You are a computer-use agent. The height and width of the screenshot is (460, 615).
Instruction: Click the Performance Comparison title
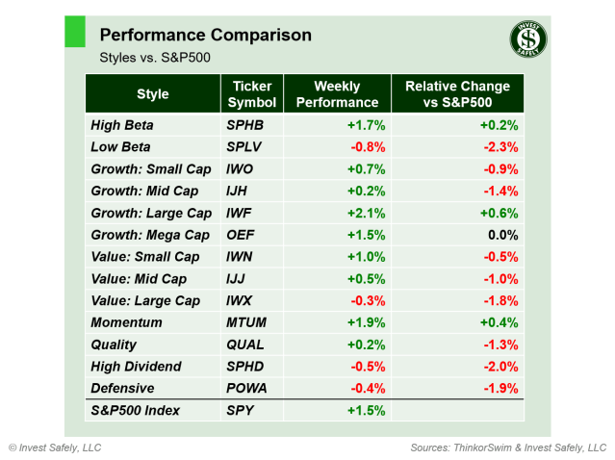205,36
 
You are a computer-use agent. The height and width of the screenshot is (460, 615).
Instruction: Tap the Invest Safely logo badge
527,39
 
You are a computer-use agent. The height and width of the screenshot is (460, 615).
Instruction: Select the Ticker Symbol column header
252,94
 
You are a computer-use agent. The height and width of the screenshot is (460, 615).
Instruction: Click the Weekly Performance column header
337,94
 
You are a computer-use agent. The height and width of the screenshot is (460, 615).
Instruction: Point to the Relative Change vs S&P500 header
457,94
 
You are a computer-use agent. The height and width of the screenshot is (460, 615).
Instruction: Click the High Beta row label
121,125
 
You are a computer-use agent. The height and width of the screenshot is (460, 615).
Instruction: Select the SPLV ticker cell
243,147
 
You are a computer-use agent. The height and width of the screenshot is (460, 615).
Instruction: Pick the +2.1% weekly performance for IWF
366,213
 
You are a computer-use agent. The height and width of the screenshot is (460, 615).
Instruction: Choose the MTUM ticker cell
245,322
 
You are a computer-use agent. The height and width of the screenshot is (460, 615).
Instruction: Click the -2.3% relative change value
500,147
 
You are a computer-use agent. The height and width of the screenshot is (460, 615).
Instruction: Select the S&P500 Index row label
137,411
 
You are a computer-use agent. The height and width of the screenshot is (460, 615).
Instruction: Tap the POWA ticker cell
245,389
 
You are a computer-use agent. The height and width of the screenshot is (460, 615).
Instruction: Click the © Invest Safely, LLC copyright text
55,447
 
